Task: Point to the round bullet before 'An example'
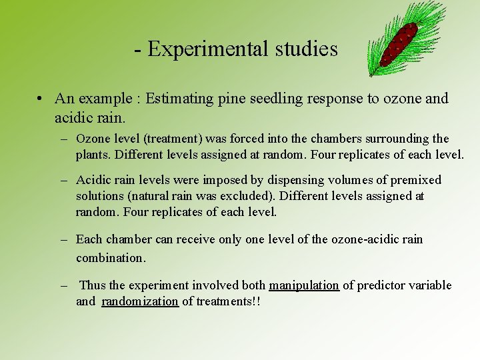tap(41, 99)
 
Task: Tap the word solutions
tap(99, 197)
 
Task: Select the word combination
tap(110, 257)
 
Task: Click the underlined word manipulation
tap(303, 285)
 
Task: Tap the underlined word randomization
tap(139, 301)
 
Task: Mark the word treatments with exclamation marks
tap(227, 301)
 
